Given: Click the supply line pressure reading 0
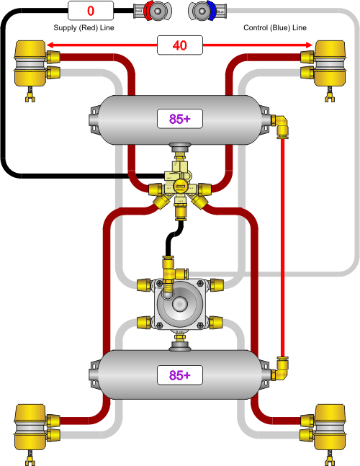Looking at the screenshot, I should [x=91, y=11].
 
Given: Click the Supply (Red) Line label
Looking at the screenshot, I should [x=84, y=27].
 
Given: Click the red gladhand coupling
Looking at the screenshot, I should [x=154, y=11].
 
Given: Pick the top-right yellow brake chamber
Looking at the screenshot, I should [x=328, y=63].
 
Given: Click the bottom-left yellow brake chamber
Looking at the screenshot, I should [x=30, y=426].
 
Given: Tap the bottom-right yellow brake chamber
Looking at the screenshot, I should [x=328, y=426].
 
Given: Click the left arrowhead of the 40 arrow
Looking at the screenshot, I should [x=52, y=46].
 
